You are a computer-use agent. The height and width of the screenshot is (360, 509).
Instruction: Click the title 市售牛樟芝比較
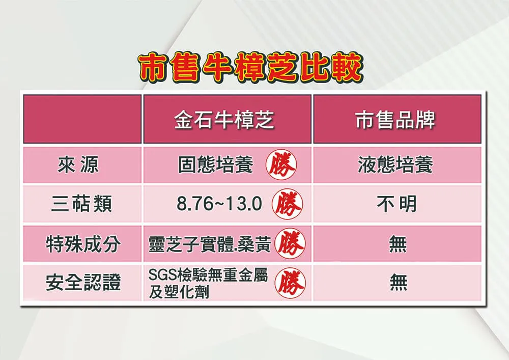pos(250,68)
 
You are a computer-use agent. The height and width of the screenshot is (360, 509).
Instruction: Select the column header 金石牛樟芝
pos(224,120)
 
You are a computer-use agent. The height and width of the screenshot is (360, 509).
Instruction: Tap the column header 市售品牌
pos(395,120)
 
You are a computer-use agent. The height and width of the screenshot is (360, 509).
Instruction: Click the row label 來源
pos(78,165)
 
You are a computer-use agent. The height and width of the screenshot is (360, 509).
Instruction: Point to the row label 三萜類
pos(81,204)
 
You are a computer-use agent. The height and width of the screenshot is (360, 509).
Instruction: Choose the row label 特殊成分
pos(83,244)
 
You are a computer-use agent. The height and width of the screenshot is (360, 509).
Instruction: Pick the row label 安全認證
pos(83,283)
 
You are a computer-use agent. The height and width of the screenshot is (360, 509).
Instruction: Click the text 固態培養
pos(215,165)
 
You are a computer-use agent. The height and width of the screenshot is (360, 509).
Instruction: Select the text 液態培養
pos(395,165)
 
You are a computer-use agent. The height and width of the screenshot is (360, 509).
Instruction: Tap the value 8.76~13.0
pos(219,204)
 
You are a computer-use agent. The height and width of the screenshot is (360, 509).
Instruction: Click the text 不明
pos(397,204)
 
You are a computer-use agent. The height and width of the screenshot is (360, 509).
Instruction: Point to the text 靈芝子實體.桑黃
pos(210,244)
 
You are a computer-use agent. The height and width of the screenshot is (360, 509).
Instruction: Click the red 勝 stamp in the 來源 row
pos(281,165)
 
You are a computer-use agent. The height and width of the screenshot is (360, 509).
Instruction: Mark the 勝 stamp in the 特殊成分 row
pos(290,244)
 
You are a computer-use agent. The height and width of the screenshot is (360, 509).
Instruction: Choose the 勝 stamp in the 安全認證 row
pos(290,283)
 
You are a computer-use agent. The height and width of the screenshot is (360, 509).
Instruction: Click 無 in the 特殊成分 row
pos(398,244)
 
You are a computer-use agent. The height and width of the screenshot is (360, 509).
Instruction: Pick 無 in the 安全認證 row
pos(399,283)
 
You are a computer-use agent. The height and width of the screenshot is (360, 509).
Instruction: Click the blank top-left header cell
pos(82,119)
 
